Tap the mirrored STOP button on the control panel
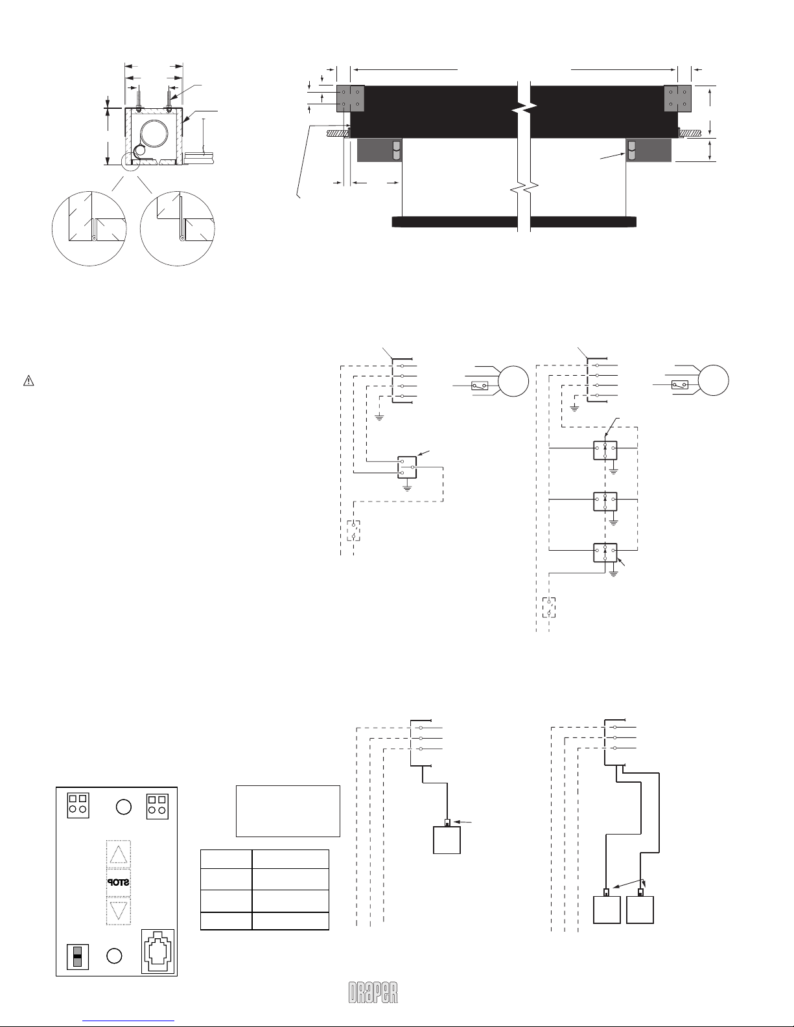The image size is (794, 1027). pos(118,883)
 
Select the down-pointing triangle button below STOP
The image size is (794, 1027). pos(118,910)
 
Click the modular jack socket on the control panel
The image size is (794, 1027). pos(158,951)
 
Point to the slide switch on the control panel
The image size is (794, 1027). pos(78,956)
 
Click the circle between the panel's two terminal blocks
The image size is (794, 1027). pos(123,807)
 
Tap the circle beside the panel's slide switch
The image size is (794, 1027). pos(114,956)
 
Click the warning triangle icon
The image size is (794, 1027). pos(29,380)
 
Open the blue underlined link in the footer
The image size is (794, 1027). pos(128,1021)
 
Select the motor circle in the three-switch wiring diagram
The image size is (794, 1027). pos(713,380)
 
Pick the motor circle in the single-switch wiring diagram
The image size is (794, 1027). pos(513,381)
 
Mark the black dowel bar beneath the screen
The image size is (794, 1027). pos(514,222)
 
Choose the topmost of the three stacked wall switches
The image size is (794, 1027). pos(605,450)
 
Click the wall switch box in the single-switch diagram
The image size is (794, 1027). pos(407,467)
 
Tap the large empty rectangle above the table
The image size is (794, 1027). pos(288,811)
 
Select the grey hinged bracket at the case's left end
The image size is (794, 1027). pos(350,98)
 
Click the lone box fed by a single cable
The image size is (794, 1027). pos(447,839)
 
